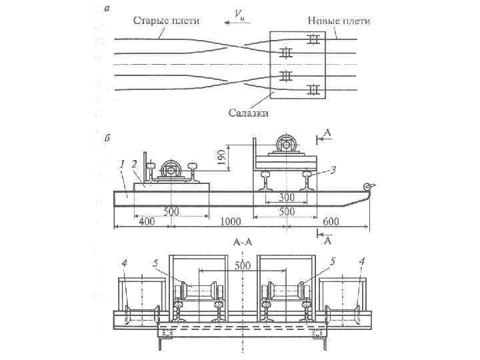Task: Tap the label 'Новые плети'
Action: point(339,21)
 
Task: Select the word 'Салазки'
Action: point(249,113)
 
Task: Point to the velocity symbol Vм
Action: point(238,14)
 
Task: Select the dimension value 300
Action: point(287,198)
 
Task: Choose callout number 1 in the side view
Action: point(121,163)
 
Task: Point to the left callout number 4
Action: point(124,263)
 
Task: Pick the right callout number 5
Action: point(331,263)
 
